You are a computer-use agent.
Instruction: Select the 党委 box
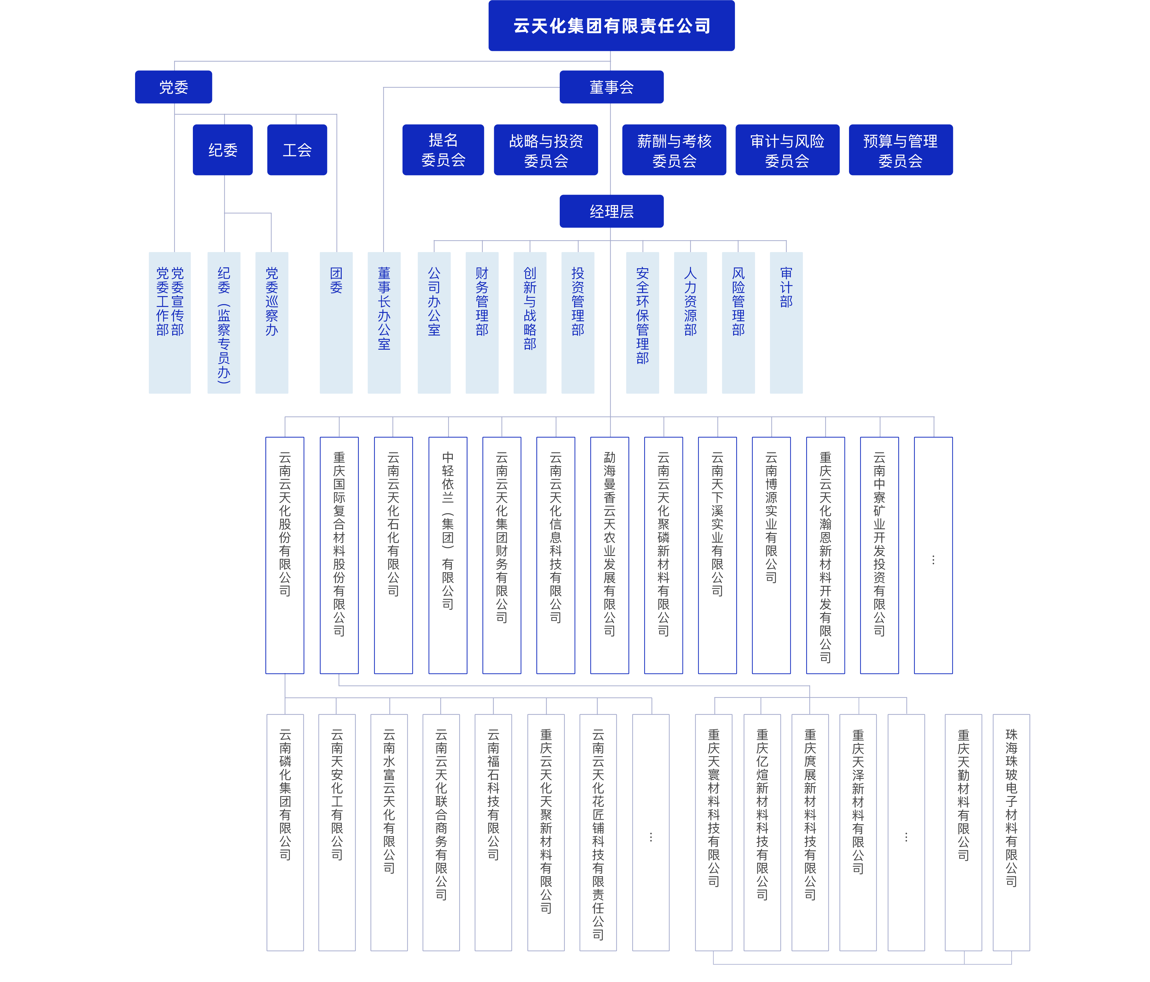click(x=173, y=87)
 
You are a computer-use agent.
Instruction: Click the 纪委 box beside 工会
click(x=223, y=150)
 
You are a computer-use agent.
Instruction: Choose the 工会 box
click(x=297, y=150)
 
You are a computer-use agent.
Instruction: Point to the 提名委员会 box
click(x=443, y=150)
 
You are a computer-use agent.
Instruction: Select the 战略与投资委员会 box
click(x=546, y=150)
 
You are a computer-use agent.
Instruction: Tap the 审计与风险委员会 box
click(x=787, y=150)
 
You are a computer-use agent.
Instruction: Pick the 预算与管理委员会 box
click(x=900, y=150)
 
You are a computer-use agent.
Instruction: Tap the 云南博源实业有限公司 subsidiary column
click(x=771, y=555)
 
